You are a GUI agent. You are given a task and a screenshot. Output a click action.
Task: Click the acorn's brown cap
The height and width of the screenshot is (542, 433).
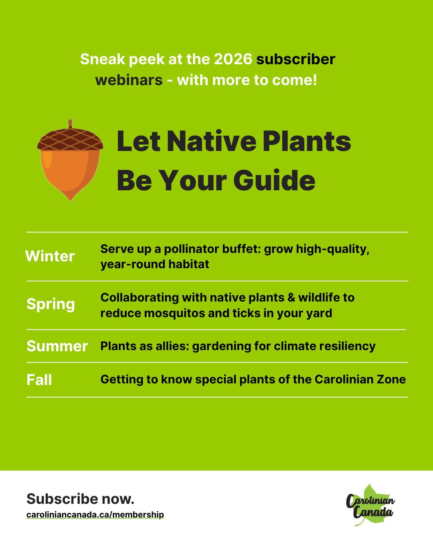coord(70,139)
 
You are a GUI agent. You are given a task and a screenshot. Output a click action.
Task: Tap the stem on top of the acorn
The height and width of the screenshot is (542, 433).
coord(70,124)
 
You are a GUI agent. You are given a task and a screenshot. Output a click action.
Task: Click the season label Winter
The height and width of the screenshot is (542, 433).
coord(50,256)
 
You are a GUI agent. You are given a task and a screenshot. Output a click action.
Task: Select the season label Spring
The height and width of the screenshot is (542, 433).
coord(51,304)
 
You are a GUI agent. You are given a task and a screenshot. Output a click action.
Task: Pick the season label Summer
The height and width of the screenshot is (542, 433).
coord(57,346)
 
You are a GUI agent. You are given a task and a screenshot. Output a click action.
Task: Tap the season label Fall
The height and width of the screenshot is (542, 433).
coord(39,379)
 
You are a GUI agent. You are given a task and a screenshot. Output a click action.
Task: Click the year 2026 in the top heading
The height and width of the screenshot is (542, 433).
coord(233,59)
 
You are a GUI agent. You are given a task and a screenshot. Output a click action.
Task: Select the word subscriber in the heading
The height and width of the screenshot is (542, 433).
coord(295,59)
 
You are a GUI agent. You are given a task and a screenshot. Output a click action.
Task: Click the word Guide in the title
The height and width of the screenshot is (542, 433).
coord(274,180)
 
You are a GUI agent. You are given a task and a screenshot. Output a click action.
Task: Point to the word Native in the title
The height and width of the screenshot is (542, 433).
coord(212,141)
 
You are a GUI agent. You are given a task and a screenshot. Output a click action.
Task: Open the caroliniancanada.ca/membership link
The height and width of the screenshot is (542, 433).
coord(95,515)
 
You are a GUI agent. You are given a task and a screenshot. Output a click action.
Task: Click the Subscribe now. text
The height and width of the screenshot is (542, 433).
coord(80,499)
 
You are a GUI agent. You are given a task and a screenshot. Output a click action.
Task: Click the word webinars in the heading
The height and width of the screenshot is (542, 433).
coord(129,80)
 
